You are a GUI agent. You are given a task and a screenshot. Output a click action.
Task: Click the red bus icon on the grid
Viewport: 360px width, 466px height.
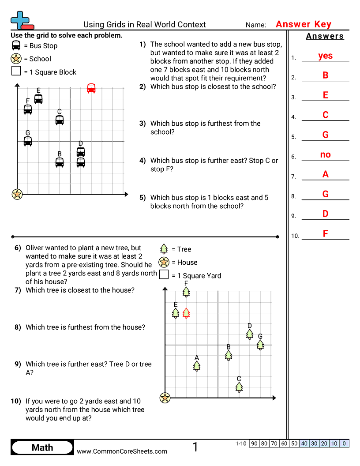pos(91,88)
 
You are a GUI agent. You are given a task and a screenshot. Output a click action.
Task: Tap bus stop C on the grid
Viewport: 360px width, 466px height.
pos(60,120)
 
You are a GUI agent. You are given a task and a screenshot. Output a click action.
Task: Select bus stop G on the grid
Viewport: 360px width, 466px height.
pos(28,141)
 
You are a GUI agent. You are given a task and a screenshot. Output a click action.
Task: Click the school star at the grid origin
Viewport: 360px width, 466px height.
pos(17,194)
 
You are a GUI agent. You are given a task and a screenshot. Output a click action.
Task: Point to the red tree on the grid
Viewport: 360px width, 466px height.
pos(186,313)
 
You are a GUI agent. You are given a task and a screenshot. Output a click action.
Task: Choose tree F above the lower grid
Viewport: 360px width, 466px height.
pos(186,292)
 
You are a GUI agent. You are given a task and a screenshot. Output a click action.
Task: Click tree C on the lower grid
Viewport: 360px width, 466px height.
pos(239,387)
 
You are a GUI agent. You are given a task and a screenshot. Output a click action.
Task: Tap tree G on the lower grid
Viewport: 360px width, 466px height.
pos(260,345)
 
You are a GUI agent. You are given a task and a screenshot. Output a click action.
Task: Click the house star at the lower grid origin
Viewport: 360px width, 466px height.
pos(165,398)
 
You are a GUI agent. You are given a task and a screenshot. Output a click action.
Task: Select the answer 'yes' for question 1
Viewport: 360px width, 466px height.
pos(325,56)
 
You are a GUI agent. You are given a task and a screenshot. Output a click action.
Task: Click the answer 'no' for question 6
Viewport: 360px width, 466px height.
pos(325,155)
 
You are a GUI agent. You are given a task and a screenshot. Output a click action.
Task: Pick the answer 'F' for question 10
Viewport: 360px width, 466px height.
pos(325,234)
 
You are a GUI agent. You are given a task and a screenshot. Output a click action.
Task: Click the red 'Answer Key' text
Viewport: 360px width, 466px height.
pos(304,24)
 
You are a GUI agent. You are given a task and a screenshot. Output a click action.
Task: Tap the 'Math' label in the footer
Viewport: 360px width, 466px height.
pos(42,447)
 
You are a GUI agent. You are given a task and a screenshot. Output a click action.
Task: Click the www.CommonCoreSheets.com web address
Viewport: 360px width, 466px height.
pos(122,451)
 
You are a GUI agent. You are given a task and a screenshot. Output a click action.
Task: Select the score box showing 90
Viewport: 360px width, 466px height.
pos(254,443)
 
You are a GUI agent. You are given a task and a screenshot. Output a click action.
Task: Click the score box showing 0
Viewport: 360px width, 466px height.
pos(344,443)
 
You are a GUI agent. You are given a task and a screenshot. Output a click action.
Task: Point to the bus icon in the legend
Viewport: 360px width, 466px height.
pos(16,45)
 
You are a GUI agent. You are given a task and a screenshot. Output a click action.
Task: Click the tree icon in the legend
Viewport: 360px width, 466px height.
pos(164,249)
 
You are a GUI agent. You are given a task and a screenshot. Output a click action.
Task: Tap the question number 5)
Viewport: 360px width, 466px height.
pos(142,198)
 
